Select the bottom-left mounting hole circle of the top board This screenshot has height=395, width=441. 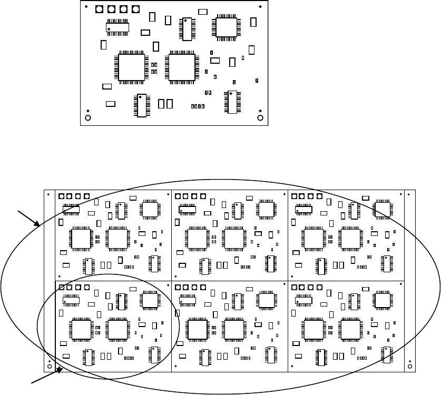[88, 117]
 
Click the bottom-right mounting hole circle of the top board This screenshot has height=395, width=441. [260, 117]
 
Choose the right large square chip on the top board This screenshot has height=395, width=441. [181, 67]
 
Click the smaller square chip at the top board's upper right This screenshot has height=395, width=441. [226, 27]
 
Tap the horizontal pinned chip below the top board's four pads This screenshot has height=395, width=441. [117, 27]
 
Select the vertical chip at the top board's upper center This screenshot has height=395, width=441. [187, 29]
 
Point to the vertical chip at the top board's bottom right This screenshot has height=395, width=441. [231, 102]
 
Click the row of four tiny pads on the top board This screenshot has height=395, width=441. [198, 106]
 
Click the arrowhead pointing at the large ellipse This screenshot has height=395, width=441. [39, 225]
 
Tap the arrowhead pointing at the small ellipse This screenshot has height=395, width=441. [61, 370]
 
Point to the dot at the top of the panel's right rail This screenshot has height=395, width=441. [410, 194]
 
